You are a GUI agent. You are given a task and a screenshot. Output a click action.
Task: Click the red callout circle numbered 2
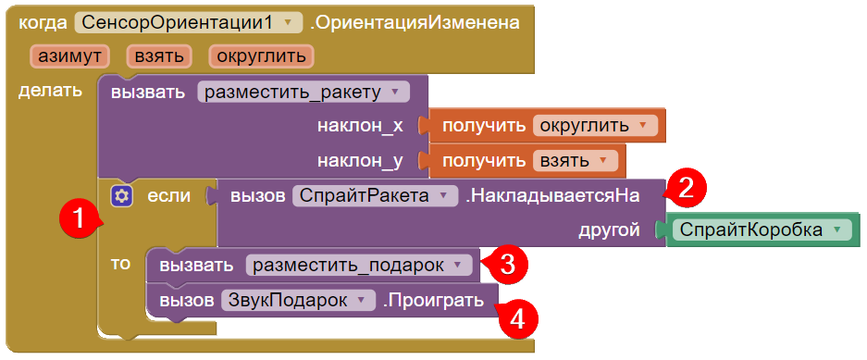pos(685,189)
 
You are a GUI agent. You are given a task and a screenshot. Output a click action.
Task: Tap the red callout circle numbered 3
pos(505,265)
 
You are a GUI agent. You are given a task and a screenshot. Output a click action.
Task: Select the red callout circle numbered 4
pos(517,318)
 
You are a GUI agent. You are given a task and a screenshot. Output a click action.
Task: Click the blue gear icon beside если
pos(121,196)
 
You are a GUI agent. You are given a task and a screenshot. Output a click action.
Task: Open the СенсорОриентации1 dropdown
pos(189,22)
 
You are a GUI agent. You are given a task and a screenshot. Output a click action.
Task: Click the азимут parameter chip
pos(69,56)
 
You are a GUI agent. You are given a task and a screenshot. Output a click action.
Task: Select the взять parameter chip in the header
pos(159,56)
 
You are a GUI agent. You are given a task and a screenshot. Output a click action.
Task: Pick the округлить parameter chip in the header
pos(262,56)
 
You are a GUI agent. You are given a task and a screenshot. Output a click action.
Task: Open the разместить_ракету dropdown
pos(303,92)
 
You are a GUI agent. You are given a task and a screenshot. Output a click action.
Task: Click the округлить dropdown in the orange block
pos(595,126)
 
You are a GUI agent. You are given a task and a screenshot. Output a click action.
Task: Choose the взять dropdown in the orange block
pos(575,161)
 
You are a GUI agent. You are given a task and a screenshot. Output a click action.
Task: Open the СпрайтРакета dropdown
pos(375,196)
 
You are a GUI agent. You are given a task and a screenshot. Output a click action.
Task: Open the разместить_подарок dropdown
pos(359,266)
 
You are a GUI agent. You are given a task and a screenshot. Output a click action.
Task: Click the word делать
pos(50,91)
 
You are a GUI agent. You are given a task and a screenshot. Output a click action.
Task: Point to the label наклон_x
pos(360,126)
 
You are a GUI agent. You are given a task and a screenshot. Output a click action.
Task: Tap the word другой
pos(610,230)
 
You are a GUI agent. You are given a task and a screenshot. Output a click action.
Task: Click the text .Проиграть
pos(433,301)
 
